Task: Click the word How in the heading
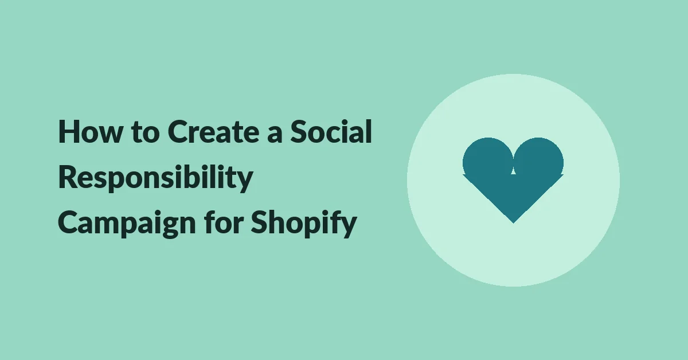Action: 91,131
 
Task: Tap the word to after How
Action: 145,132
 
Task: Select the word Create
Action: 213,131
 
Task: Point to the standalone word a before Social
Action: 275,135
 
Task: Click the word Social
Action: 331,131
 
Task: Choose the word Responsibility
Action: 155,178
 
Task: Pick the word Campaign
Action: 127,224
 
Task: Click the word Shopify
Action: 304,224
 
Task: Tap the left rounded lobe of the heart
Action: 488,160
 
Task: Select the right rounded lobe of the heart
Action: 538,160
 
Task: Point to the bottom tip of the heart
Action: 513,223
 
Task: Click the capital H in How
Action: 69,131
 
